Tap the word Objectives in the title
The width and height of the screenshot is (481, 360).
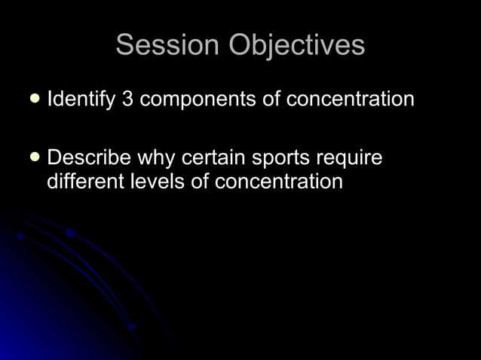(x=297, y=46)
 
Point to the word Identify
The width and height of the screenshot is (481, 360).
(x=79, y=99)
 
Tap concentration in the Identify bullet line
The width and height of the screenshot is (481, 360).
(x=350, y=99)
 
